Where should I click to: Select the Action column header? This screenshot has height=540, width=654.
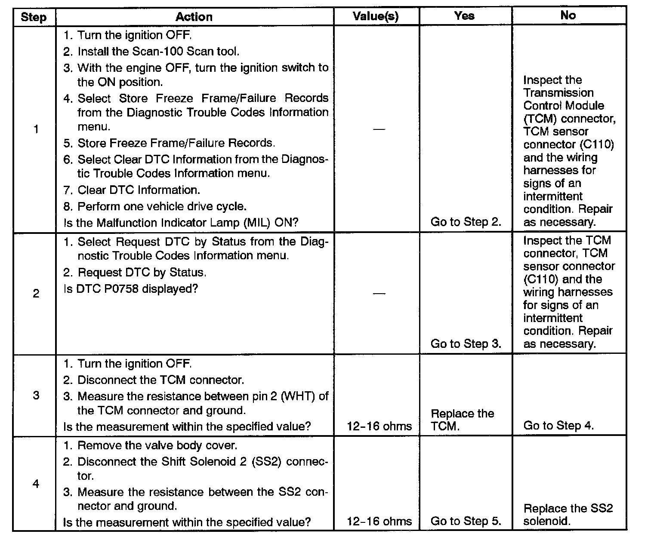tap(194, 17)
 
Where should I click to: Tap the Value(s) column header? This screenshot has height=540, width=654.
tap(376, 16)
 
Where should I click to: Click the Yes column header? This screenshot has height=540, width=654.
tap(464, 16)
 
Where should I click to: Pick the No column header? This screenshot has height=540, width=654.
tap(568, 15)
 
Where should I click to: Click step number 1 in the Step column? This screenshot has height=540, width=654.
tap(36, 129)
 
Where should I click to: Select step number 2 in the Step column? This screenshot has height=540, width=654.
tap(36, 294)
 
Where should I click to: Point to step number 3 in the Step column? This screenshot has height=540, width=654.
tap(36, 395)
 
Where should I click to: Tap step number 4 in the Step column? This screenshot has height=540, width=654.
tap(36, 484)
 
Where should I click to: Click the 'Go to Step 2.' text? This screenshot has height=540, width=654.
tap(466, 222)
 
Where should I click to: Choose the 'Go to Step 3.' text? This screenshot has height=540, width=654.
tap(466, 344)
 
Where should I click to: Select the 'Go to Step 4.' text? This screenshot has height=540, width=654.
tap(558, 426)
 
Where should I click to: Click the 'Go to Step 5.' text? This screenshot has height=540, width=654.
tap(466, 521)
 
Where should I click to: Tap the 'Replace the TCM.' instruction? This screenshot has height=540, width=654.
tap(462, 420)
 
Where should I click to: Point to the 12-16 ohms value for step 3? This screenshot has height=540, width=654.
tap(379, 426)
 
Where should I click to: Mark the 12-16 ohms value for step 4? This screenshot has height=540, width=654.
tap(379, 522)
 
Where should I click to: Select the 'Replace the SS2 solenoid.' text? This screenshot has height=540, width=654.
tap(568, 515)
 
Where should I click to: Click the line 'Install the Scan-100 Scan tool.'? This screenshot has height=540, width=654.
tap(157, 52)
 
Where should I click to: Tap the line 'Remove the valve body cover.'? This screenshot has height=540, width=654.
tap(157, 445)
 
